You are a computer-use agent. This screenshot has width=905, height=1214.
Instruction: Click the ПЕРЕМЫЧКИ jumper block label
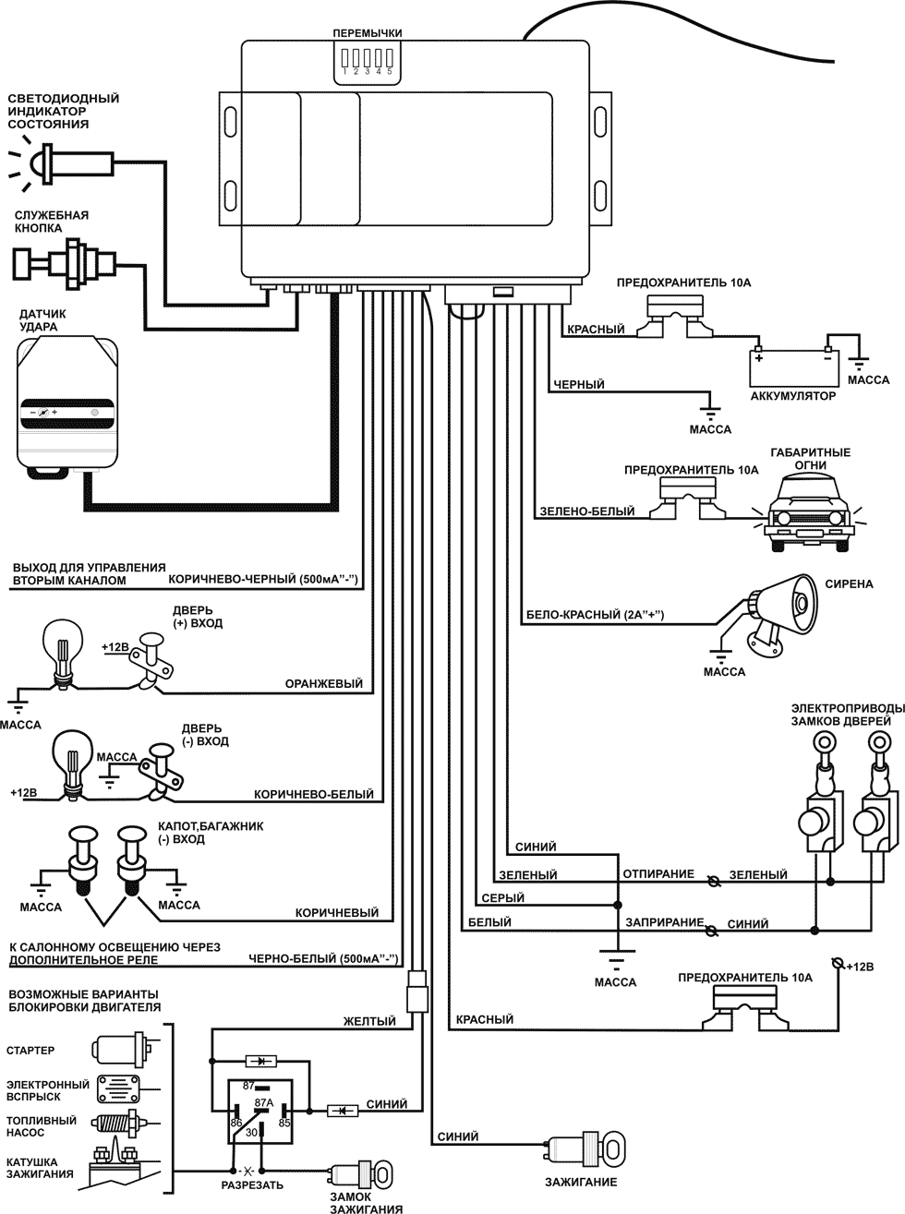pyautogui.click(x=368, y=33)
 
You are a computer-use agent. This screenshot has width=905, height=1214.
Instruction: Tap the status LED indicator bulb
pyautogui.click(x=42, y=163)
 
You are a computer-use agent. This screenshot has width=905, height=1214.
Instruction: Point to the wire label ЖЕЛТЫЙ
pyautogui.click(x=369, y=1022)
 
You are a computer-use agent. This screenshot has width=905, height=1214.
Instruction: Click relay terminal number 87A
pyautogui.click(x=264, y=1102)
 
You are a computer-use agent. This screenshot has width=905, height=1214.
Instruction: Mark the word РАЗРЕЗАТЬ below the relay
pyautogui.click(x=253, y=1184)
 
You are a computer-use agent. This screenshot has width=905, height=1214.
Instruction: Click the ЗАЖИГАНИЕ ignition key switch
pyautogui.click(x=587, y=1150)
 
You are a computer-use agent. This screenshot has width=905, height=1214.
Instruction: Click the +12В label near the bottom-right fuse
pyautogui.click(x=859, y=967)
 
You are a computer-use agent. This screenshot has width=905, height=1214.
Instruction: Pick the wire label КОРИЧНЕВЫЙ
pyautogui.click(x=337, y=913)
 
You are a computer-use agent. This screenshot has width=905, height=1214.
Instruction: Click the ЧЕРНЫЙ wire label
pyautogui.click(x=579, y=384)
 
